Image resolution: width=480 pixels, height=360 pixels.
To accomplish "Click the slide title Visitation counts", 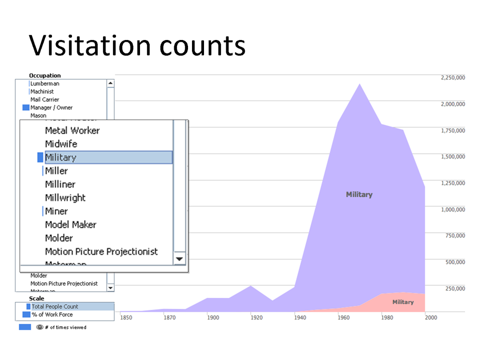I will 137,45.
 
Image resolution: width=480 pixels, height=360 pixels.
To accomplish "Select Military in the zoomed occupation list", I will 61,157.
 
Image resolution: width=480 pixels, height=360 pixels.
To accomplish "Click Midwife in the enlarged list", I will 61,144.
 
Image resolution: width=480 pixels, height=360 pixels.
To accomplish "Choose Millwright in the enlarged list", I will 65,198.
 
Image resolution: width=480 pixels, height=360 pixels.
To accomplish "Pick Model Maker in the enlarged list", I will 71,224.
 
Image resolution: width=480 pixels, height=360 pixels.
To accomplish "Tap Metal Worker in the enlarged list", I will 72,131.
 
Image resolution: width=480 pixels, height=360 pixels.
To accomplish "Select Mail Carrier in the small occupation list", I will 44,100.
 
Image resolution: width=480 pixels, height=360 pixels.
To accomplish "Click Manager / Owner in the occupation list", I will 51,108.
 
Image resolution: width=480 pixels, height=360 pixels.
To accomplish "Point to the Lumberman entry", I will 44,84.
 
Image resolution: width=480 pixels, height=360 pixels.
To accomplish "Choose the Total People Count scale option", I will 55,307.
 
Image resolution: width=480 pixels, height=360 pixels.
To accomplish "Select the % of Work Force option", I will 52,315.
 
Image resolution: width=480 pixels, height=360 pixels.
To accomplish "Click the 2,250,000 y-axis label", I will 453,78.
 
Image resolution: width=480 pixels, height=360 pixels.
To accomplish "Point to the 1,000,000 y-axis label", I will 453,209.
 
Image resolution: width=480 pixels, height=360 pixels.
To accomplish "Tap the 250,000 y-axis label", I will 455,288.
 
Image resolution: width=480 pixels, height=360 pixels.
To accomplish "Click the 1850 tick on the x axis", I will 126,318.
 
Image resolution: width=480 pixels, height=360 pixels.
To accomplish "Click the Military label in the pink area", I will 403,302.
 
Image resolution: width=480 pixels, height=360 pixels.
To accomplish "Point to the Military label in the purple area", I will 359,195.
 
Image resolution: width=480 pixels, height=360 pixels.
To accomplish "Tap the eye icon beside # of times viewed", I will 40,328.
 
